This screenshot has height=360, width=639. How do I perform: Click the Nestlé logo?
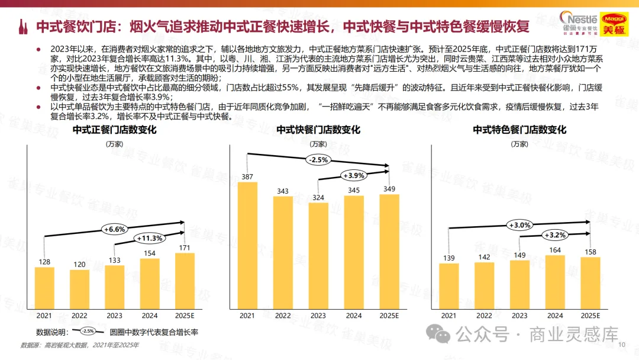[x=579, y=23]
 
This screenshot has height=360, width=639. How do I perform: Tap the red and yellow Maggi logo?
[x=614, y=24]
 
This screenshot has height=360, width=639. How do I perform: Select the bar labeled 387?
[x=247, y=246]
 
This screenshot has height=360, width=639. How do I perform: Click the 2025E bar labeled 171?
[x=185, y=281]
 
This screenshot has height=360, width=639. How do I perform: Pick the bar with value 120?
[x=79, y=290]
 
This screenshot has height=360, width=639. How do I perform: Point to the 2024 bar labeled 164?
[x=555, y=282]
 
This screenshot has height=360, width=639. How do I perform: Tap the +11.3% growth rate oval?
[x=150, y=238]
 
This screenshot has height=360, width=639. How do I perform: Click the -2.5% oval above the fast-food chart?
[x=318, y=160]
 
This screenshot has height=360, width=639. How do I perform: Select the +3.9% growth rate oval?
[x=353, y=176]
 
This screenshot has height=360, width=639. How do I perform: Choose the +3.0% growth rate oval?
[x=519, y=225]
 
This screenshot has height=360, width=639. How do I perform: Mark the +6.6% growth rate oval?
[x=115, y=230]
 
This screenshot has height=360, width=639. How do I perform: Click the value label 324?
[x=318, y=198]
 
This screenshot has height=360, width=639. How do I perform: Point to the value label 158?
[x=590, y=252]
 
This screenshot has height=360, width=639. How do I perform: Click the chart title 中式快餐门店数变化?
[x=318, y=130]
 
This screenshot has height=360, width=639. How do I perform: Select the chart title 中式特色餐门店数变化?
[x=519, y=130]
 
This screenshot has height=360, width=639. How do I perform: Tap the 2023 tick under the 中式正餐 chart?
[x=115, y=316]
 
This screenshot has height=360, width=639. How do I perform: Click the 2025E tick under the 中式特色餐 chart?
[x=590, y=316]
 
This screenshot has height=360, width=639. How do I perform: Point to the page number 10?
[x=622, y=345]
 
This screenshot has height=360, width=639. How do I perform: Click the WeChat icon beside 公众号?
[x=438, y=335]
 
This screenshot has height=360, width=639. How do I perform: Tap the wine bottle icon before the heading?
[x=23, y=27]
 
